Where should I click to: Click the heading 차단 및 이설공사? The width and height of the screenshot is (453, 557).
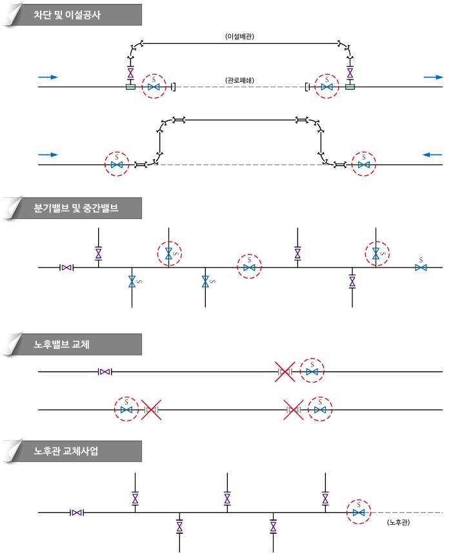click(67, 15)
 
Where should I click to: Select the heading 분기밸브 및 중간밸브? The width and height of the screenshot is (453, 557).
click(76, 208)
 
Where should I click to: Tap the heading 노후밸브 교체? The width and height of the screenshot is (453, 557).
click(62, 344)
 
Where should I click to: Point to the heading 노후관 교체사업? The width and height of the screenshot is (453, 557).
click(66, 451)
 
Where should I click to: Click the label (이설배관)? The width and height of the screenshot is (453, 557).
click(240, 36)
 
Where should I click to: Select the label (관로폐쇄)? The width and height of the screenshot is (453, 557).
click(240, 80)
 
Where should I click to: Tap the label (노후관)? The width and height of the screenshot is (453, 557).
click(398, 522)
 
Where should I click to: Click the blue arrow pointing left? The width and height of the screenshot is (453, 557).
click(432, 154)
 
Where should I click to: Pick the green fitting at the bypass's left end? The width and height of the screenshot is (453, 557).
click(130, 87)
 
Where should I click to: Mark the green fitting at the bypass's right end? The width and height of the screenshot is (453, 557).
click(350, 87)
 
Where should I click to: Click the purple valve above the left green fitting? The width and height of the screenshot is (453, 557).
click(130, 73)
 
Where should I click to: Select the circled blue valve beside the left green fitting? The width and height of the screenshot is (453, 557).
click(154, 87)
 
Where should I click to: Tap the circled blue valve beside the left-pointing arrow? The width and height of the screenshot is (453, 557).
click(363, 165)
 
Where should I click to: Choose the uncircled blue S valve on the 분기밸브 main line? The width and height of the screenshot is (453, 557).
click(421, 268)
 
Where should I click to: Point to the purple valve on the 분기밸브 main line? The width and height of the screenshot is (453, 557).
click(66, 268)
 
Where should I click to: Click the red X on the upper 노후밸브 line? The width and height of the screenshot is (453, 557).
click(285, 372)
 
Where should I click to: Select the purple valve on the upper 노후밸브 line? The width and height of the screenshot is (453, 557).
click(105, 372)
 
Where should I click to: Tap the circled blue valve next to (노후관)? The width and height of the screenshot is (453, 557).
click(359, 512)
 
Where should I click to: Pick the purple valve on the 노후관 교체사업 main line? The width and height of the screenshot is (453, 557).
click(77, 512)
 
